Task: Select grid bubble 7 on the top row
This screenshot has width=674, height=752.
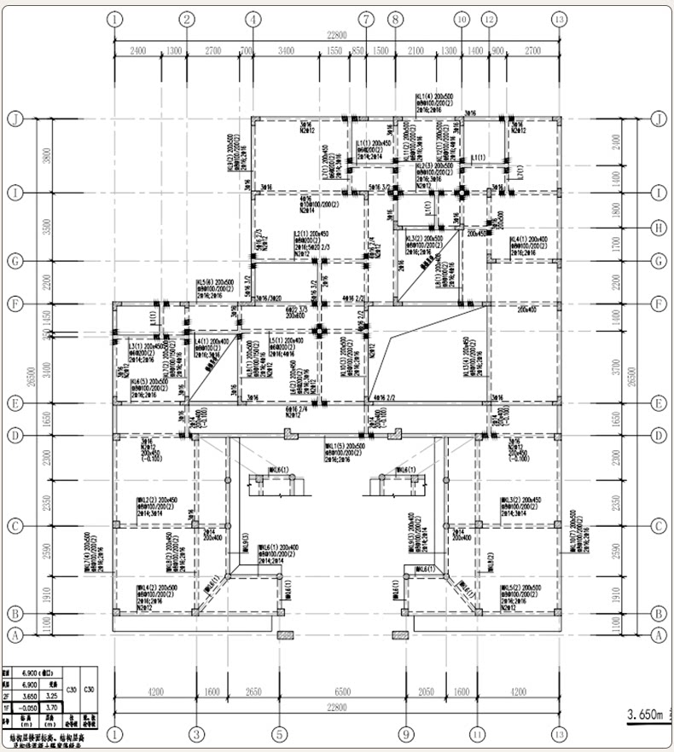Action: [366, 19]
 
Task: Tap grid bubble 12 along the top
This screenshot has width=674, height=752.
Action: [489, 19]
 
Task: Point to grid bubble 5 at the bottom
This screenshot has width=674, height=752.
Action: [279, 733]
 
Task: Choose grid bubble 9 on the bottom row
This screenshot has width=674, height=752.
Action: [406, 733]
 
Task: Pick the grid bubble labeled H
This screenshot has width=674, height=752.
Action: [658, 228]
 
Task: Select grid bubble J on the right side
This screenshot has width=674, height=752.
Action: [658, 118]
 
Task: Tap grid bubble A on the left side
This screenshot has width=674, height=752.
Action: [15, 634]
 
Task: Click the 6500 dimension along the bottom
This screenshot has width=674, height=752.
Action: [341, 693]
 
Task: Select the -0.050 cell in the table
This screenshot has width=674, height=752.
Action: [29, 707]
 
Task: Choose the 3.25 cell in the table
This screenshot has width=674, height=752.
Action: [50, 696]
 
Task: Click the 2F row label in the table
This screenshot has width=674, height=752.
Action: [9, 696]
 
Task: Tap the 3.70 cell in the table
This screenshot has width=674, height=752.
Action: [50, 707]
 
